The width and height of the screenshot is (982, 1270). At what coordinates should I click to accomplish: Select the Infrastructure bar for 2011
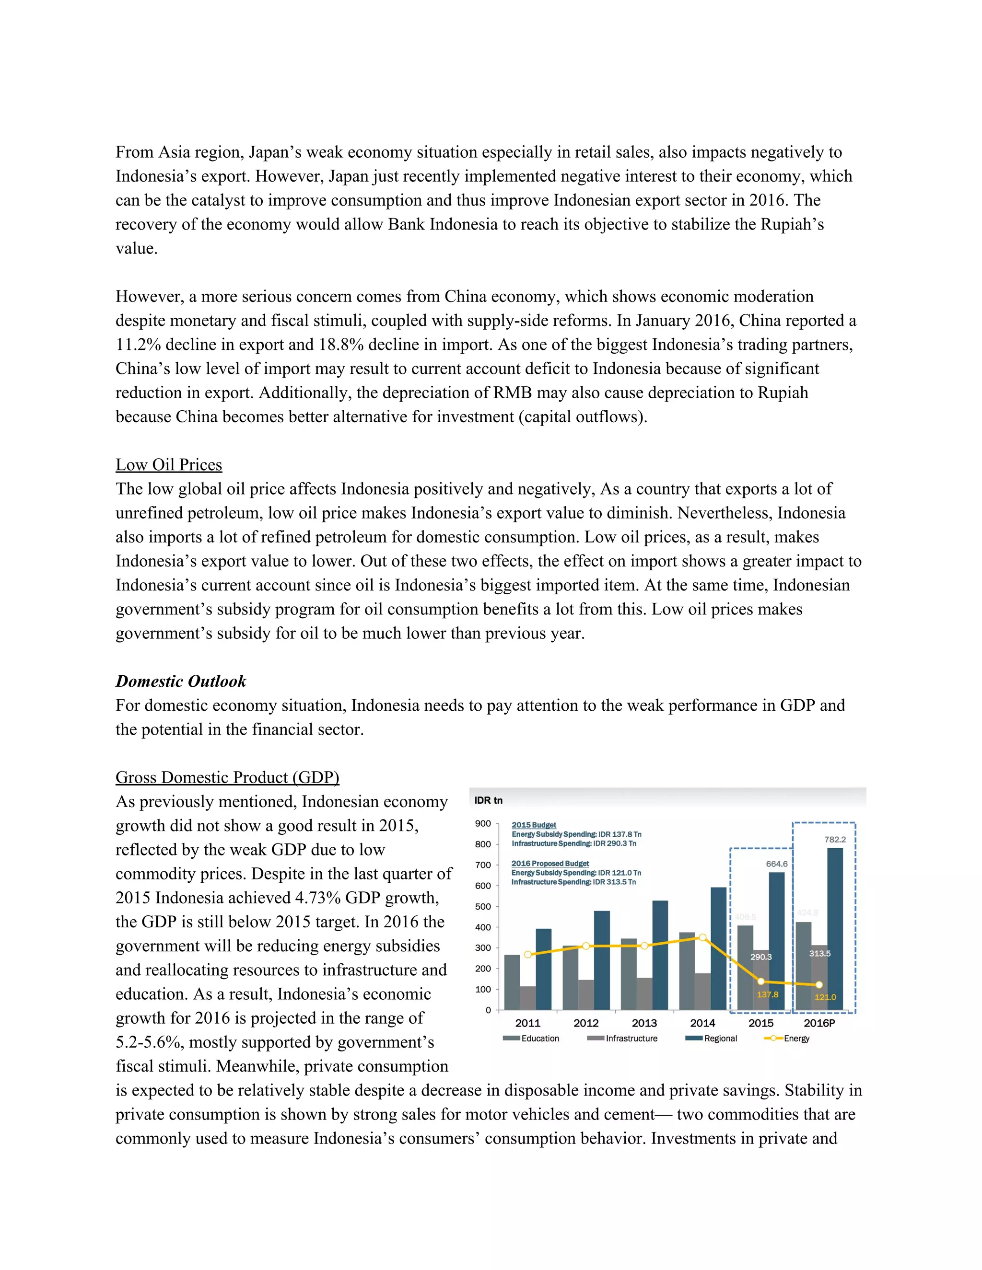click(x=527, y=998)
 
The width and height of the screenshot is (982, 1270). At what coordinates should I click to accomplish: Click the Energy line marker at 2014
click(x=702, y=937)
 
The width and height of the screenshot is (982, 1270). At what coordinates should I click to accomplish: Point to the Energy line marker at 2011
click(x=527, y=954)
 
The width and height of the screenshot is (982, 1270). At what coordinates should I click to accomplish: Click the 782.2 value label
click(x=835, y=840)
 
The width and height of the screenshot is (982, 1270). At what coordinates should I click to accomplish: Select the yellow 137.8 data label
click(x=767, y=994)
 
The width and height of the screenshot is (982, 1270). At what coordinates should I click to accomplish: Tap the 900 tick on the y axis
click(x=483, y=823)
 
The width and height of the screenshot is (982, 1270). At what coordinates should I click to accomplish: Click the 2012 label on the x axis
click(x=586, y=1024)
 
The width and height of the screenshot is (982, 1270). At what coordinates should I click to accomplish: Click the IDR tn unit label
click(x=488, y=800)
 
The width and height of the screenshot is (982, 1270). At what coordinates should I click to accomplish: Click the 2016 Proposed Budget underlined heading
click(x=550, y=864)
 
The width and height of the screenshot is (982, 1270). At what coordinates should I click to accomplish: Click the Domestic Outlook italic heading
click(x=180, y=681)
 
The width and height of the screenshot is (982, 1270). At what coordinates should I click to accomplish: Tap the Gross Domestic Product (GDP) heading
click(x=227, y=777)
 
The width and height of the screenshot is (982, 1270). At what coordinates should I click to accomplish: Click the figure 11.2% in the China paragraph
click(x=138, y=345)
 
